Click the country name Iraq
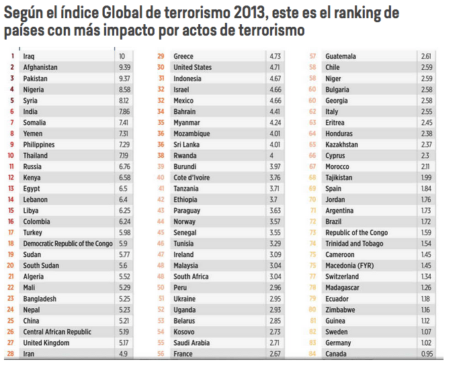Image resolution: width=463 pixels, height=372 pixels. point(29,56)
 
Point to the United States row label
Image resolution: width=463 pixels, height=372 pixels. point(192,67)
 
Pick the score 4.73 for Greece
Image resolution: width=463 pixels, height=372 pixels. point(275,56)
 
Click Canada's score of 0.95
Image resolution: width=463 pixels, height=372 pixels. point(427,354)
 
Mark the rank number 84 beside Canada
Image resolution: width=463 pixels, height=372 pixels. point(312,354)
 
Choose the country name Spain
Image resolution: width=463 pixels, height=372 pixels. point(334,189)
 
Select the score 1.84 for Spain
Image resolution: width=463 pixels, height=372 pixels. point(427,189)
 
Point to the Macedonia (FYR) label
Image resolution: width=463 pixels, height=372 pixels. point(349,266)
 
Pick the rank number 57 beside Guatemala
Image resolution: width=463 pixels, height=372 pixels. point(312,56)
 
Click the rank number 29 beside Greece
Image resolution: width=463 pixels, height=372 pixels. point(161,56)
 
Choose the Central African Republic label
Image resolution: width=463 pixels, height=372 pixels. point(57,332)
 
